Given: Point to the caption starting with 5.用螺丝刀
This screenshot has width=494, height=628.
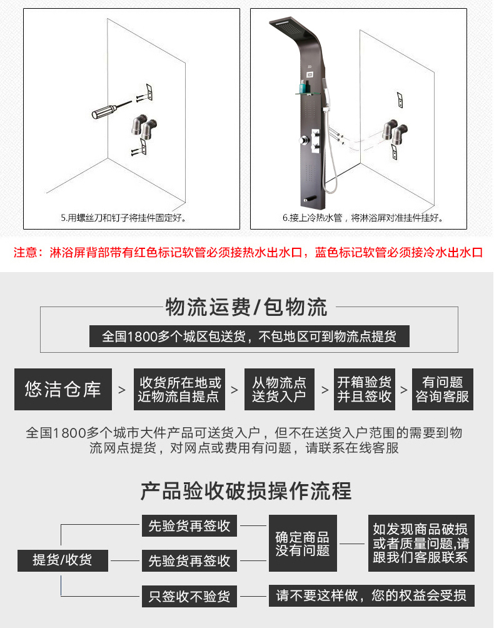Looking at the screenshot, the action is point(123,218).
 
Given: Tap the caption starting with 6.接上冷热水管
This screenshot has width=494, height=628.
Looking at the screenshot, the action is point(363,218).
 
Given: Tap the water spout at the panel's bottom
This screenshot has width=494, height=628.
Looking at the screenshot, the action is point(310,199).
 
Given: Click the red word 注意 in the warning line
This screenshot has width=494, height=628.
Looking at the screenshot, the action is point(25,252).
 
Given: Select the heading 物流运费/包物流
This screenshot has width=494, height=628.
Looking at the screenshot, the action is point(246,307).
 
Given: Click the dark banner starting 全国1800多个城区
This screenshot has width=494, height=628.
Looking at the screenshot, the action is point(249,336).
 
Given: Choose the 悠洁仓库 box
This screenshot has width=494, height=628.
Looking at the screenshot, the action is point(63,389).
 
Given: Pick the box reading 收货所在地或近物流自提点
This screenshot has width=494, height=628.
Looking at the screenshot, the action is point(179,389).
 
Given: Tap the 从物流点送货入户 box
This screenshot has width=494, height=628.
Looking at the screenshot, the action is point(280,389).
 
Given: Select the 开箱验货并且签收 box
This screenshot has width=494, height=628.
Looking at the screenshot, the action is point(365,389).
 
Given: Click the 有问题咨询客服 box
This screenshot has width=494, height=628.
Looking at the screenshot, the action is point(442,389).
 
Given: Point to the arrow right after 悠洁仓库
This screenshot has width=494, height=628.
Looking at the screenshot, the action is point(122,390).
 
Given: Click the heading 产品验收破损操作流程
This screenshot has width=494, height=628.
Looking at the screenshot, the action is point(246,490).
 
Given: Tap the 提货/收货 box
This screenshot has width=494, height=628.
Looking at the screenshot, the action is point(63,560).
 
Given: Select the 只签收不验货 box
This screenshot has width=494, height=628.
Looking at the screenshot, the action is point(189,596).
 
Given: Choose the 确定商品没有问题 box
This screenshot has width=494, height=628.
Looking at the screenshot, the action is point(303,543).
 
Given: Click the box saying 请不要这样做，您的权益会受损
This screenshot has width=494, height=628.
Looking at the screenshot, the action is point(371,595).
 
